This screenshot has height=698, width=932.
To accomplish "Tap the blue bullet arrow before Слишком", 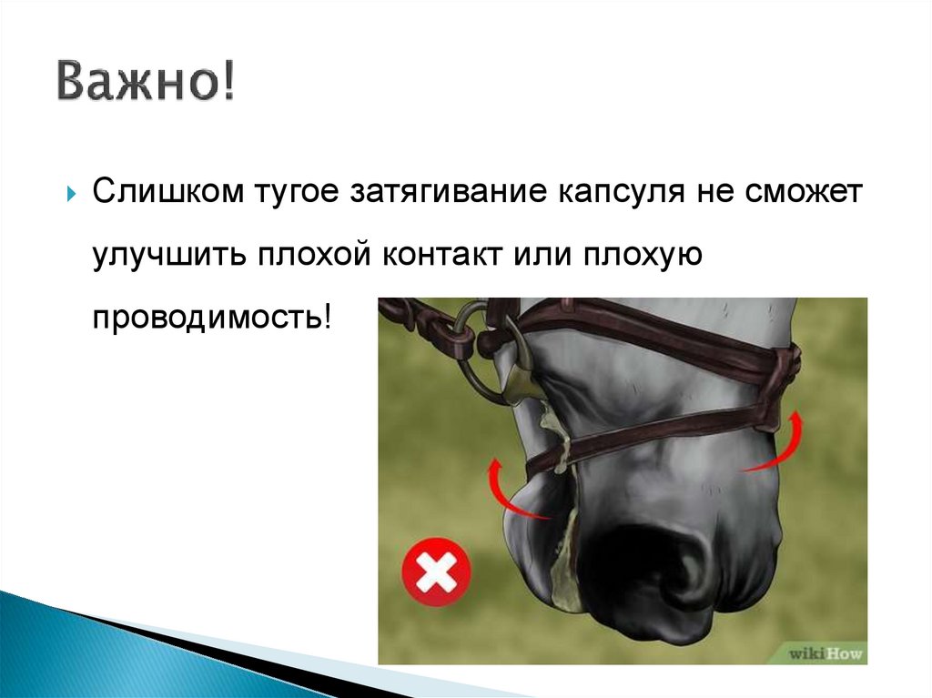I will [72, 197].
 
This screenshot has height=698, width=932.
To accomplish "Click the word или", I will [544, 257].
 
